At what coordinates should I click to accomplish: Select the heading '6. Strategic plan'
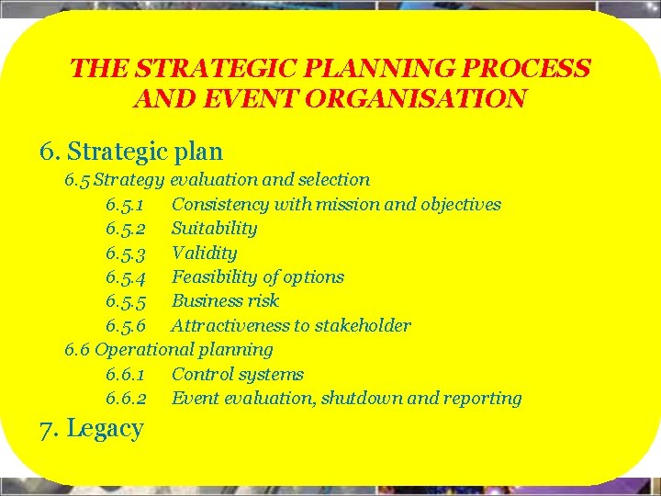131,151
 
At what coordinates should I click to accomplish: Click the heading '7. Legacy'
91,429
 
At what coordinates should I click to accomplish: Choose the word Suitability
214,228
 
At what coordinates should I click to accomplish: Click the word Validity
204,253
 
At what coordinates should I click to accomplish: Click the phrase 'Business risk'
225,300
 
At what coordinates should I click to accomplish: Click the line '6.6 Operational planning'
168,349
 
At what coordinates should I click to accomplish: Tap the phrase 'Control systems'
237,374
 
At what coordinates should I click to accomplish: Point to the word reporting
483,398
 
